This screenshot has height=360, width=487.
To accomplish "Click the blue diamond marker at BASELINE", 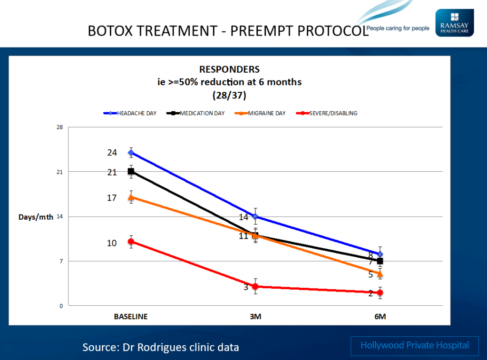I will tap(131, 153).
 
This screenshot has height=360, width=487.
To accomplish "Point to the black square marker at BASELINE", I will tap(131, 172).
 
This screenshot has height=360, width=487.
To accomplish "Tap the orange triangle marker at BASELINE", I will tap(131, 197).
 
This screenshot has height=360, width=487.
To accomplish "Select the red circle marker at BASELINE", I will tap(131, 242).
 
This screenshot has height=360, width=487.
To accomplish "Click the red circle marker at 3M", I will tap(255, 286).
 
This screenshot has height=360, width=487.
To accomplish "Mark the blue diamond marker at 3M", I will tap(255, 216).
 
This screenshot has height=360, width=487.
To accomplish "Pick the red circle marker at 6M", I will tap(380, 292).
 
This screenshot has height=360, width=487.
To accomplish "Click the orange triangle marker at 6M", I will tap(380, 274).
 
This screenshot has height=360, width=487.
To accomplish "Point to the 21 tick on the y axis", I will tap(59, 172).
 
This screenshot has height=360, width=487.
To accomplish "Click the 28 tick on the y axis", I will tap(59, 127).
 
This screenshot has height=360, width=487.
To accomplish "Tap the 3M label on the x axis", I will tap(255, 317).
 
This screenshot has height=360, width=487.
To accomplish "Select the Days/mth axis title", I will tap(36, 217).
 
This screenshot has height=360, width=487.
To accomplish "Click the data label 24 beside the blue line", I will tap(112, 153).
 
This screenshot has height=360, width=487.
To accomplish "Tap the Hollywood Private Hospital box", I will tap(415, 346).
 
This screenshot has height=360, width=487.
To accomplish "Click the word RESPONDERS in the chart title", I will tap(229, 70).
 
